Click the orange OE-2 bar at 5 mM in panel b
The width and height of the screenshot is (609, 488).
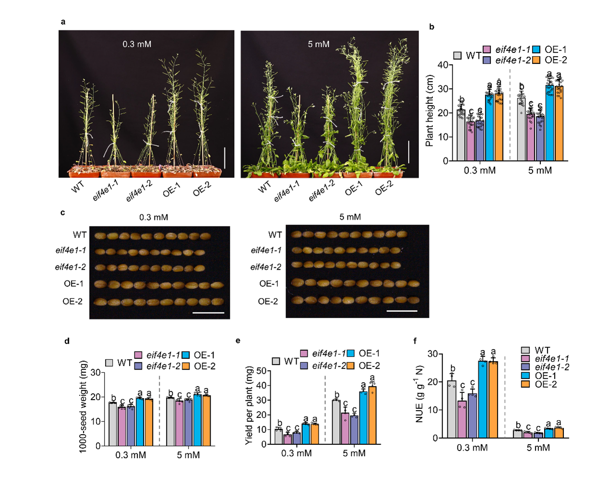click(559, 125)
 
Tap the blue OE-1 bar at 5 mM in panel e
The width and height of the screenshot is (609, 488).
click(364, 417)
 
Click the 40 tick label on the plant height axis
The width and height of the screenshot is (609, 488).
click(442, 65)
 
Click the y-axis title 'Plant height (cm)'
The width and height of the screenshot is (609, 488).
click(430, 110)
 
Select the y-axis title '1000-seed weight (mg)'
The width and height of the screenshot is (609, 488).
click(83, 406)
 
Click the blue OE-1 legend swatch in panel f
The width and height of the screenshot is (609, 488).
click(525, 376)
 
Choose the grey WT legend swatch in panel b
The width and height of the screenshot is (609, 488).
click(457, 55)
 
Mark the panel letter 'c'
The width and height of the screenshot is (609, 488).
click(63, 212)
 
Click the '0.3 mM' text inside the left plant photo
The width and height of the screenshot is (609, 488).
click(137, 44)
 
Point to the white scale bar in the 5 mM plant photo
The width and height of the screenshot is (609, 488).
click(408, 152)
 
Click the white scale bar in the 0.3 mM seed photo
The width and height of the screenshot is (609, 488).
click(208, 313)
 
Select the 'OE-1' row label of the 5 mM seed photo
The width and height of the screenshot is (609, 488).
click(269, 284)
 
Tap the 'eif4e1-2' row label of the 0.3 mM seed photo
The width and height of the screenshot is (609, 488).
click(71, 267)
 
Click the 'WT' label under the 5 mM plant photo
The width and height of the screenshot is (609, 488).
click(264, 188)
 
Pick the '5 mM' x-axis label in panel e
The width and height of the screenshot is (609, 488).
click(354, 453)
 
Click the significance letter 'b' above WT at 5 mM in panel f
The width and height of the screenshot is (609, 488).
click(518, 425)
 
